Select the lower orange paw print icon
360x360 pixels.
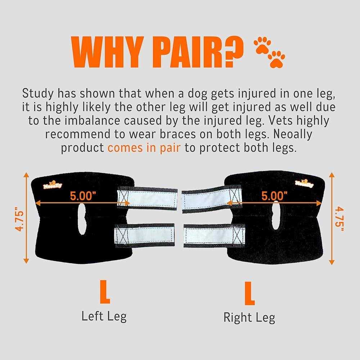(276, 59)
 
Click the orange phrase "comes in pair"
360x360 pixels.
(144, 148)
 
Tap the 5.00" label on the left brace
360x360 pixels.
(83, 196)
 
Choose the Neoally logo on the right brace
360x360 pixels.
(304, 184)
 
